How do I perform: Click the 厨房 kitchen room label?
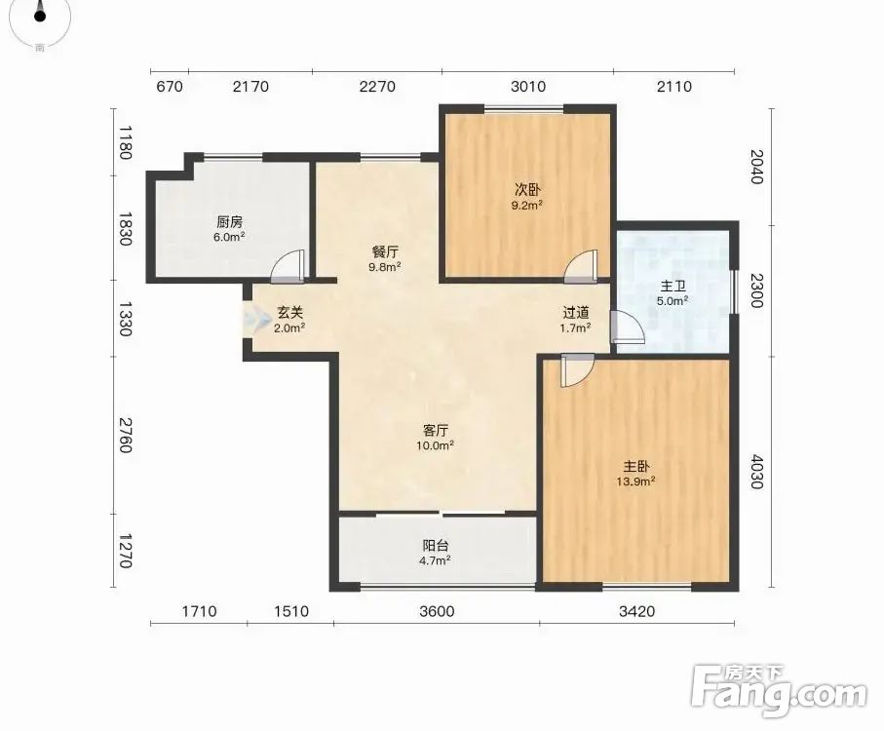click(229, 222)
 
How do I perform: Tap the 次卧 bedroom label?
click(526, 190)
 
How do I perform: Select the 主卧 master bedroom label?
click(635, 467)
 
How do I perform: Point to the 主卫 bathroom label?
click(673, 287)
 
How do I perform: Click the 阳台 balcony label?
click(436, 546)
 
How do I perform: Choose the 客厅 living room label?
click(436, 431)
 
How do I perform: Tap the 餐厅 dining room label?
click(385, 251)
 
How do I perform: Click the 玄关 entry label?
click(289, 312)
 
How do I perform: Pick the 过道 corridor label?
click(576, 312)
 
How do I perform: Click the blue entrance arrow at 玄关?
click(256, 319)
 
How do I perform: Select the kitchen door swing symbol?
click(288, 266)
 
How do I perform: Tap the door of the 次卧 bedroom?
click(581, 266)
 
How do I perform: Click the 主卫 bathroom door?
click(627, 327)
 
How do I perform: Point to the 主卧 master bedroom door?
click(577, 370)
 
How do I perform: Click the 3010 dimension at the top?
click(528, 86)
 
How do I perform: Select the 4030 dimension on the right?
click(756, 473)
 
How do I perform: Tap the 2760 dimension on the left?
click(126, 435)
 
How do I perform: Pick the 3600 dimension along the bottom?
click(437, 611)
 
